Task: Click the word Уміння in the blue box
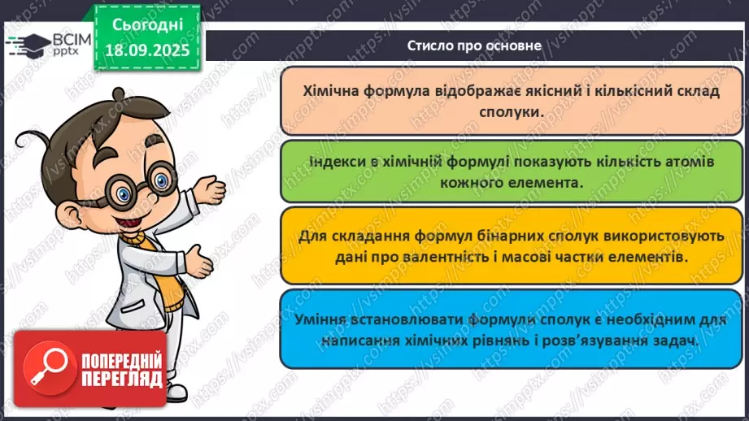tap(325, 322)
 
